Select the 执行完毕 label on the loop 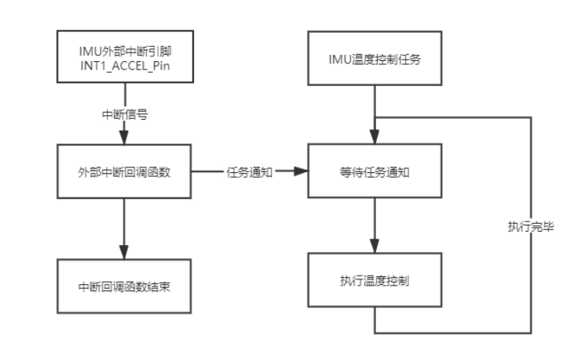(533, 227)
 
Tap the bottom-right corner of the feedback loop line (533, 333)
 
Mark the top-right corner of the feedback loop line (533, 117)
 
